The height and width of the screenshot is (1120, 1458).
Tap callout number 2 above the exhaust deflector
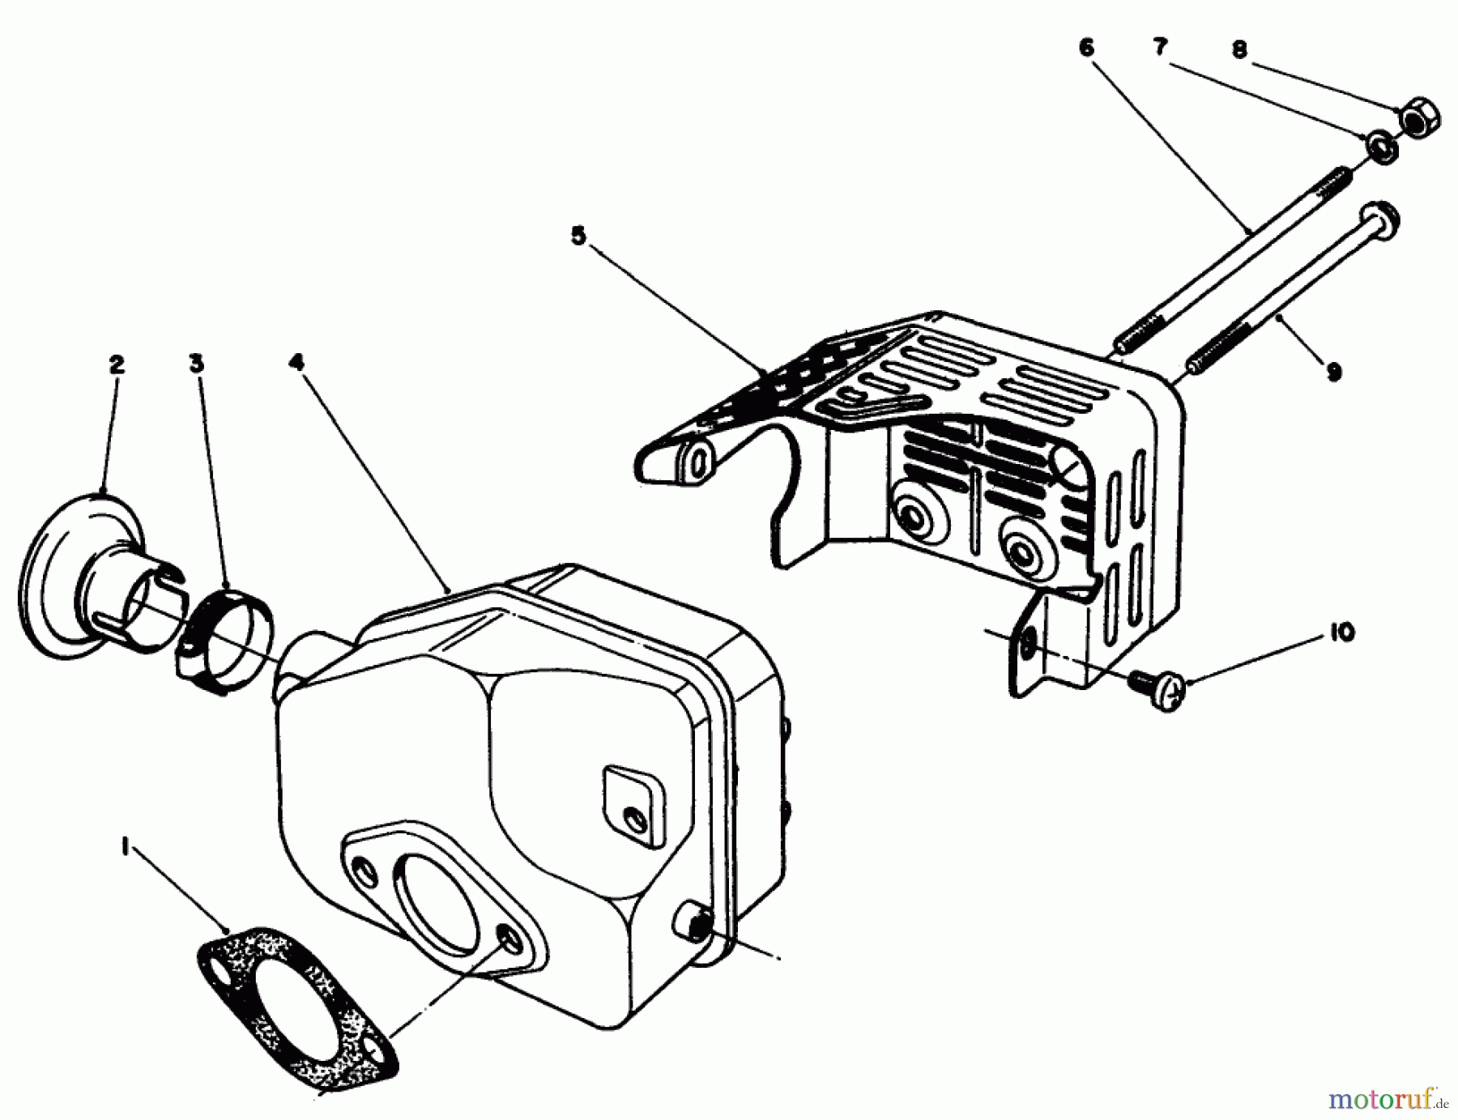point(117,364)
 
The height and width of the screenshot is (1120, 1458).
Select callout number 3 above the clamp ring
point(196,364)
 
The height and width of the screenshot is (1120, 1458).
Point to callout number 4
point(296,362)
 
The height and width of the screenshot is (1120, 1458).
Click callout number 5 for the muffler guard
point(578,236)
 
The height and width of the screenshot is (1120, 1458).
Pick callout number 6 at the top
point(1086,48)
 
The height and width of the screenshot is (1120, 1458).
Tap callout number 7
point(1160,48)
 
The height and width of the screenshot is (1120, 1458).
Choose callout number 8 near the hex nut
point(1238,50)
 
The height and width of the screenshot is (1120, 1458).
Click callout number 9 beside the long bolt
point(1333,371)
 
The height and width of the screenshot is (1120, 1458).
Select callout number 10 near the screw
point(1341,632)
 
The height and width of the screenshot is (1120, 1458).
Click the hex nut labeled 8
point(1419,118)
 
